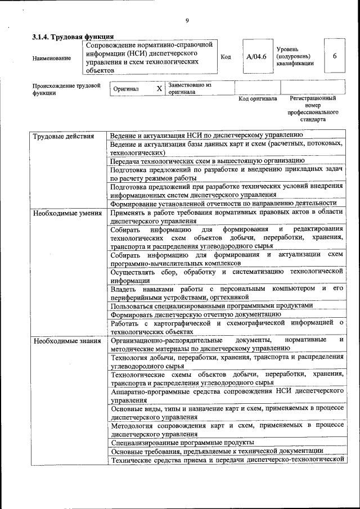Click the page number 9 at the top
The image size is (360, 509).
(187, 21)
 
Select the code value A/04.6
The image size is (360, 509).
(256, 56)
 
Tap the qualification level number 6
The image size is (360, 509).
(335, 56)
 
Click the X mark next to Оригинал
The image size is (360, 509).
(159, 89)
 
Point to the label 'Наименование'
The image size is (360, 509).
(52, 58)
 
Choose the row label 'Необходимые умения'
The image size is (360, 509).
(67, 213)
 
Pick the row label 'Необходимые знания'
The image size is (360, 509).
(66, 341)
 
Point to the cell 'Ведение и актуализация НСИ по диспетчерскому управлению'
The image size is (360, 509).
(206, 136)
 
